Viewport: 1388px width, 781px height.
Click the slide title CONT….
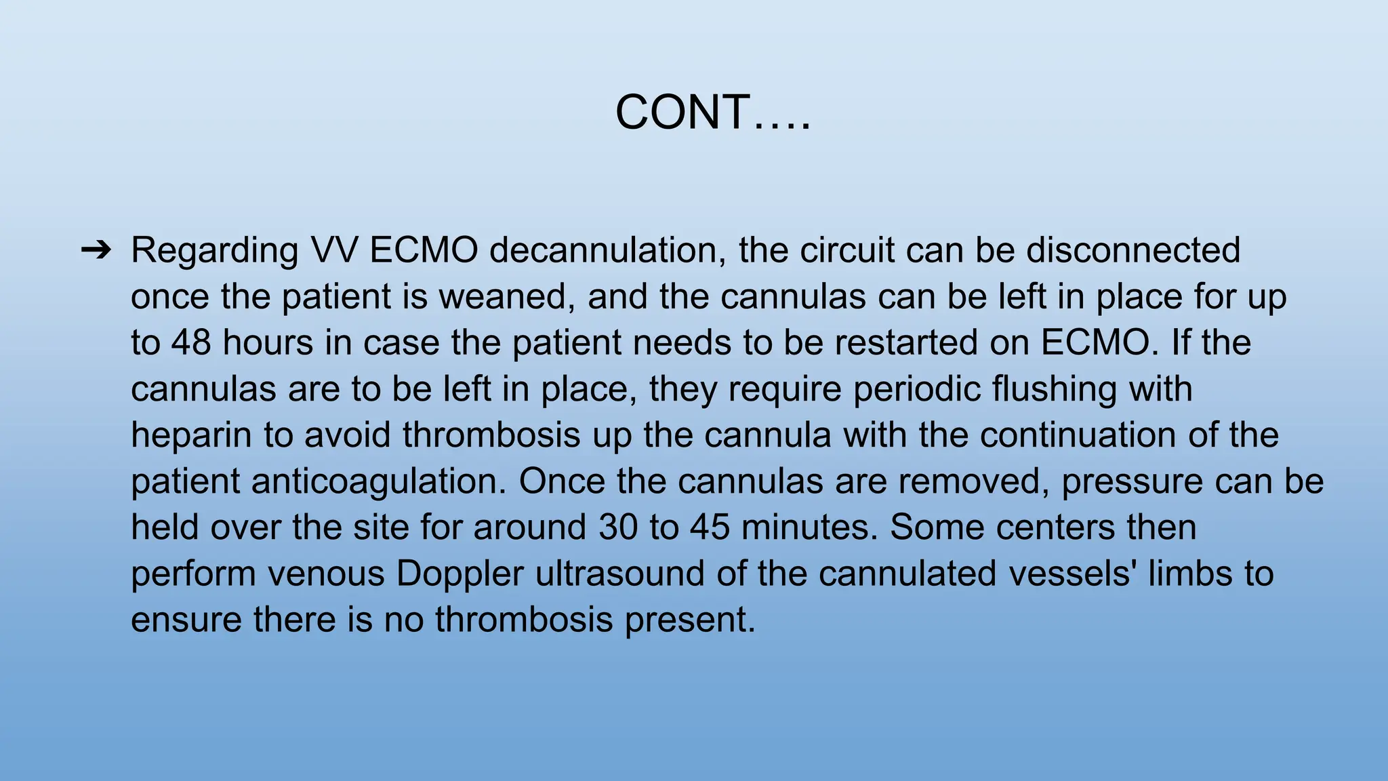[x=712, y=113]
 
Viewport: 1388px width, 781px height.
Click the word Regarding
[x=214, y=251]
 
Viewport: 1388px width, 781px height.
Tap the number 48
[x=191, y=342]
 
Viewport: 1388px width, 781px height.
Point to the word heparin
[x=191, y=435]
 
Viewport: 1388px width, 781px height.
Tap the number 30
[x=618, y=527]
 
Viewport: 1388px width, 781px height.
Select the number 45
[x=710, y=527]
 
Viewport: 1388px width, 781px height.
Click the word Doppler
[x=460, y=574]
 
